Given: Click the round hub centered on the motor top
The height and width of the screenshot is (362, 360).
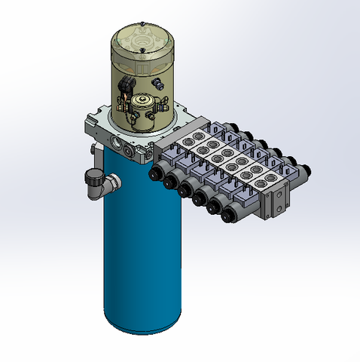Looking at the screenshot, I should pyautogui.click(x=142, y=34).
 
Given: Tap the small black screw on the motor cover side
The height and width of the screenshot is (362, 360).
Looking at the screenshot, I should pyautogui.click(x=157, y=81).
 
